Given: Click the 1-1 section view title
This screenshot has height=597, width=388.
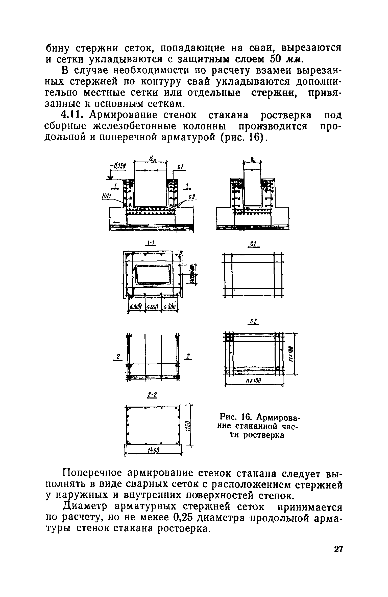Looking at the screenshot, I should click(x=151, y=243).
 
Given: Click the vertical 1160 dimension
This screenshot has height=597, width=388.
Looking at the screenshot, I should click(x=187, y=424).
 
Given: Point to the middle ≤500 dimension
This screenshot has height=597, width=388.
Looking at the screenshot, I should click(x=153, y=307).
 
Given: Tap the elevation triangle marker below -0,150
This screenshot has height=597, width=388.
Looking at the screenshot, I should click(x=110, y=178).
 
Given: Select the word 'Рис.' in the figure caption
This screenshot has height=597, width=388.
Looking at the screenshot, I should click(x=228, y=415).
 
